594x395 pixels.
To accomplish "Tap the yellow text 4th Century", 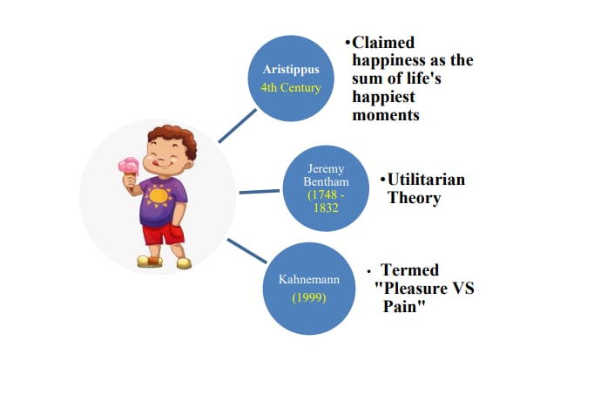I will point(292,88).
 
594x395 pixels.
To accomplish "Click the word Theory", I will point(414,198).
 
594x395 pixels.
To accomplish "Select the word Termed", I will point(409,270).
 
